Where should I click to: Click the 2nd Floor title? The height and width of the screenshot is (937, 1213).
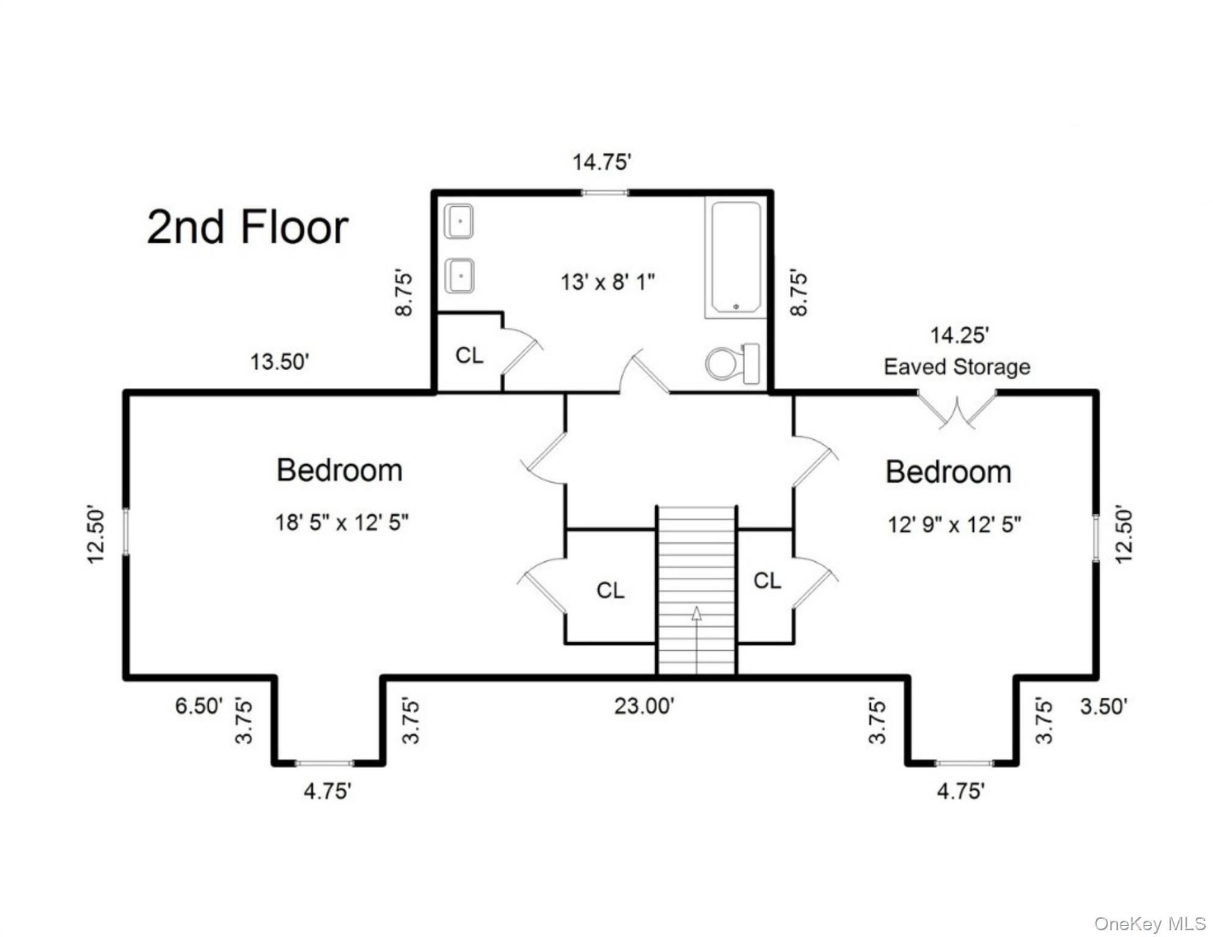coord(247,227)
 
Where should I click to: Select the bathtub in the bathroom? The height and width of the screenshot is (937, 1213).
coord(736,257)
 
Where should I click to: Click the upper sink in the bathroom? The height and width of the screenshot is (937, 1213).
coord(459,221)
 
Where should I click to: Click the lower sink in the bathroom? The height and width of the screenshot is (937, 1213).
coord(459,276)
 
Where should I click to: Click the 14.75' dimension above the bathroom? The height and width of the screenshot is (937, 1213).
coord(601,162)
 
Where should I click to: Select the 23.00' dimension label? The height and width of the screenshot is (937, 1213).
coord(644,706)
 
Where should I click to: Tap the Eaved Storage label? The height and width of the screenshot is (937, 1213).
coord(957,367)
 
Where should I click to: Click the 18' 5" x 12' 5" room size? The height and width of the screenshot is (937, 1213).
coord(342,523)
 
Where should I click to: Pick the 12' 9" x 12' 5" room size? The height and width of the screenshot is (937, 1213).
coord(954,525)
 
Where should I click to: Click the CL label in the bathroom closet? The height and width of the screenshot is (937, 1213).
coord(469,355)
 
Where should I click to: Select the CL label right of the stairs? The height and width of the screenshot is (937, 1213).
coord(767,581)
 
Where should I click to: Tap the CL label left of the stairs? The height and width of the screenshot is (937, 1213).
coord(610,591)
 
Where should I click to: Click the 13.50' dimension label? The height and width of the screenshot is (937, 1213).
coord(279,362)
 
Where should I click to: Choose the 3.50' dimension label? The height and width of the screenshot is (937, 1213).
coord(1103,706)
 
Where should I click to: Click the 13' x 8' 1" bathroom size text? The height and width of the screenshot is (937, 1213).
coord(607,282)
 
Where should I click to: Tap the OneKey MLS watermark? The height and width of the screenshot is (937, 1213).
coord(1150,924)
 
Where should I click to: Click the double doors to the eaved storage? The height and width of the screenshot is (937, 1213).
coord(957,409)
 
